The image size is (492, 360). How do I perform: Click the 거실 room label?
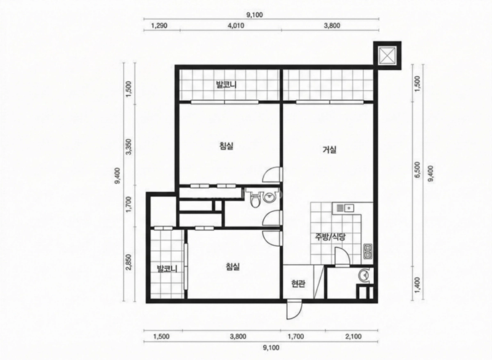330,150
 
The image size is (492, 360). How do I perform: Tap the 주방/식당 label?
330,237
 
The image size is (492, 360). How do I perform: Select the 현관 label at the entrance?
298,284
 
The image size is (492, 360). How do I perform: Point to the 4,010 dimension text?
236,26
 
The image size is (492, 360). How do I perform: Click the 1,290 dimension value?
159,26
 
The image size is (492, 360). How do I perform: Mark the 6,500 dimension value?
418,170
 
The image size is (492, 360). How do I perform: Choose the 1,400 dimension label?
418,285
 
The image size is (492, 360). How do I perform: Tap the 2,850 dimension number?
129,262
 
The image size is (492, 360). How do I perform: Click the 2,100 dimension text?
353,337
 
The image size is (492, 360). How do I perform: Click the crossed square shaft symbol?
387,56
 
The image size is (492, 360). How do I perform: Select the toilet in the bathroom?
255,198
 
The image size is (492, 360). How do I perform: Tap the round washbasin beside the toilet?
269,198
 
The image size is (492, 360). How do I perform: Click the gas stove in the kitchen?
368,251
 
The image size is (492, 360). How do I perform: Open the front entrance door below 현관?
294,310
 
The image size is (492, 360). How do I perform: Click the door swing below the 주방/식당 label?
342,257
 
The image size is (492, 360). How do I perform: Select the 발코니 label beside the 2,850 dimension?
167,269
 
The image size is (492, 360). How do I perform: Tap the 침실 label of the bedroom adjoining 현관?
233,267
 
